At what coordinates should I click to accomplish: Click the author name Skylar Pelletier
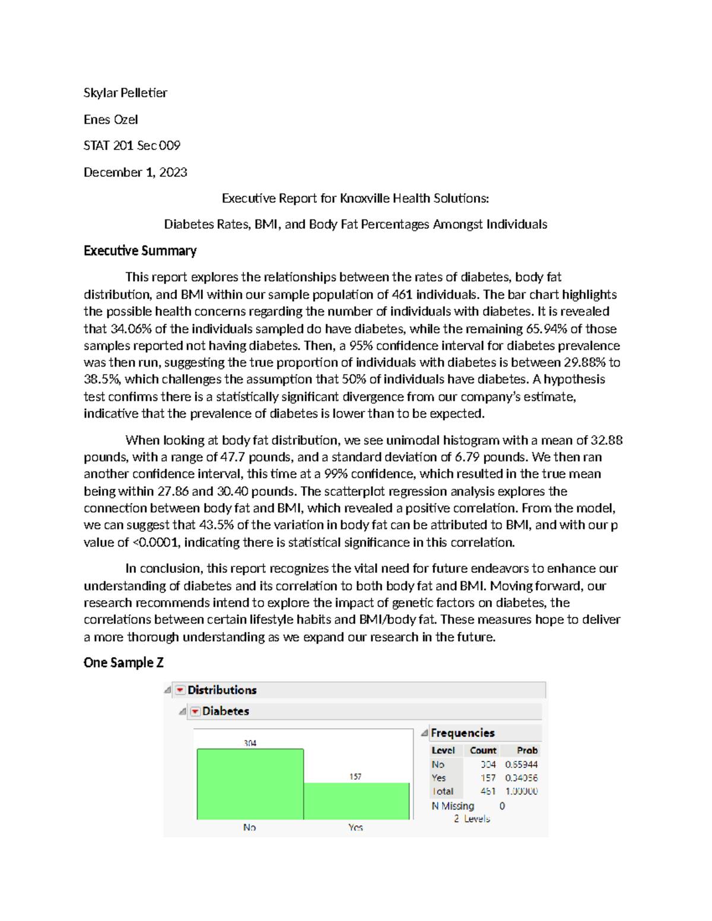tap(125, 93)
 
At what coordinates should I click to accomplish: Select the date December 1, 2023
tap(135, 172)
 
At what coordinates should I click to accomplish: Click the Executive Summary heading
tap(140, 250)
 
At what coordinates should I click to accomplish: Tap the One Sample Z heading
tap(123, 662)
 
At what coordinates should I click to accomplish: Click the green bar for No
tap(250, 784)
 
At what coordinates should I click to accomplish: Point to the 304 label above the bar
tap(250, 743)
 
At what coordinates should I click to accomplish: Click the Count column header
tap(483, 750)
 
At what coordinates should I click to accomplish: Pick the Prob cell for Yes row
tap(522, 777)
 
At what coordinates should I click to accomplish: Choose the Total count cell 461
tap(488, 791)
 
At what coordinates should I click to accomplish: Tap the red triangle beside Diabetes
tap(195, 711)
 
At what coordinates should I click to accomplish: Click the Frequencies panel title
tap(462, 732)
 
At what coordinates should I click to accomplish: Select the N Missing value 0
tap(502, 806)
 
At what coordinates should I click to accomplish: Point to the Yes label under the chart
tap(355, 827)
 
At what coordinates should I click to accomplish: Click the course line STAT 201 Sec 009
tap(132, 145)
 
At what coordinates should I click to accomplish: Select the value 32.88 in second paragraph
tap(606, 440)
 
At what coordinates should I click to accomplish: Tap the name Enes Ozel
tap(110, 119)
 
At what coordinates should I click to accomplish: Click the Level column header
tap(443, 750)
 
